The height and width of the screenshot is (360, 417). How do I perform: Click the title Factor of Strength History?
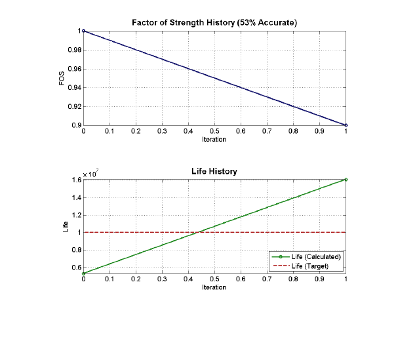[214, 24]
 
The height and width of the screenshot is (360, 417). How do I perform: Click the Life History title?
[214, 171]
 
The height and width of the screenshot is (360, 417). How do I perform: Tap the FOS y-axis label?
[62, 78]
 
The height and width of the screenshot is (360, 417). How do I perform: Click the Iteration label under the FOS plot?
[214, 140]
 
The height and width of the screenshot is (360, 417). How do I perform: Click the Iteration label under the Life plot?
[214, 287]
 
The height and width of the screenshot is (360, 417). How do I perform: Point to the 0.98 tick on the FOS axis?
[74, 50]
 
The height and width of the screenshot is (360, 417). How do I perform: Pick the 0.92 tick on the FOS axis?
[74, 106]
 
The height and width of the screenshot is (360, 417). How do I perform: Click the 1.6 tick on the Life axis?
[75, 180]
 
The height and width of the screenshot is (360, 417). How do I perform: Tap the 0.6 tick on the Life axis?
[75, 267]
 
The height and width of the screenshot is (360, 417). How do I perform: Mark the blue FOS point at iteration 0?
[83, 31]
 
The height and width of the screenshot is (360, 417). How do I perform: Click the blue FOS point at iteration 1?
[346, 125]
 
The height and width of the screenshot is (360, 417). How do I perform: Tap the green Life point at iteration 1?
[346, 179]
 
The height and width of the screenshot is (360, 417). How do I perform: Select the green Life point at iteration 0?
[83, 273]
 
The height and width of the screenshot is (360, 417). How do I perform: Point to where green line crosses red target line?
[198, 232]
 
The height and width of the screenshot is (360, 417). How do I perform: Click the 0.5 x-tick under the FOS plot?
[214, 131]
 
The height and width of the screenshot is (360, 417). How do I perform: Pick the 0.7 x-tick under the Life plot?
[267, 279]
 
